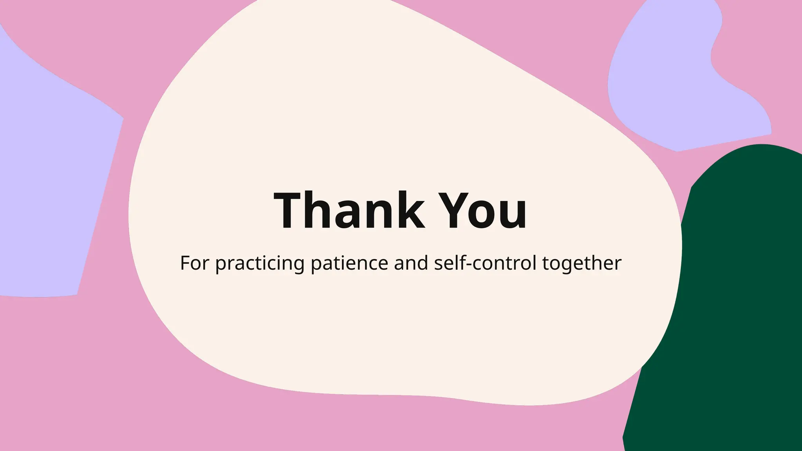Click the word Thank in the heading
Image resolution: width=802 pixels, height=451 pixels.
click(349, 210)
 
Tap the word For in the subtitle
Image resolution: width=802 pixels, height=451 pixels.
click(194, 263)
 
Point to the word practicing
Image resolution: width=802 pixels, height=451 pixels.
click(260, 263)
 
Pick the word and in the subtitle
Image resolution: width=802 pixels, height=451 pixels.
click(411, 263)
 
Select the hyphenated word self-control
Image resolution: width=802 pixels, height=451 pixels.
click(485, 263)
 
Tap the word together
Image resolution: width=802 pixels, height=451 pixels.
click(582, 263)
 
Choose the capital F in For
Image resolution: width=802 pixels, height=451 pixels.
click(185, 263)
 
